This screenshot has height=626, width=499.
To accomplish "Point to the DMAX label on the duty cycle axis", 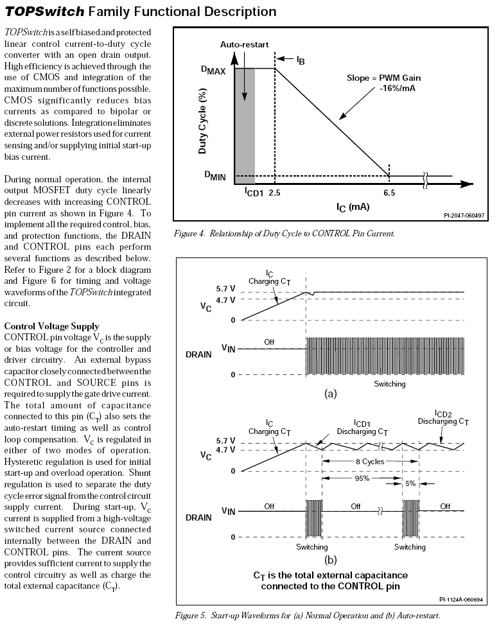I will [214, 70].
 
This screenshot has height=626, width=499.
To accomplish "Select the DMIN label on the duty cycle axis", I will [214, 177].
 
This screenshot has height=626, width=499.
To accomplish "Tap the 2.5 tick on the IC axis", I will [275, 192].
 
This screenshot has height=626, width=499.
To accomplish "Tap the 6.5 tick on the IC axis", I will [389, 192].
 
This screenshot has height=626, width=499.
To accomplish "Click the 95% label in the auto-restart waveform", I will [362, 478].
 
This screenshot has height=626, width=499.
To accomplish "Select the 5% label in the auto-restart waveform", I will [410, 483].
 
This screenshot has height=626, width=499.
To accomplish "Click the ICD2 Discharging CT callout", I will [443, 418].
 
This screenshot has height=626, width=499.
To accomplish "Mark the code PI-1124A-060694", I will [461, 599].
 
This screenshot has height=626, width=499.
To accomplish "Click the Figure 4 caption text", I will [283, 233].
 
